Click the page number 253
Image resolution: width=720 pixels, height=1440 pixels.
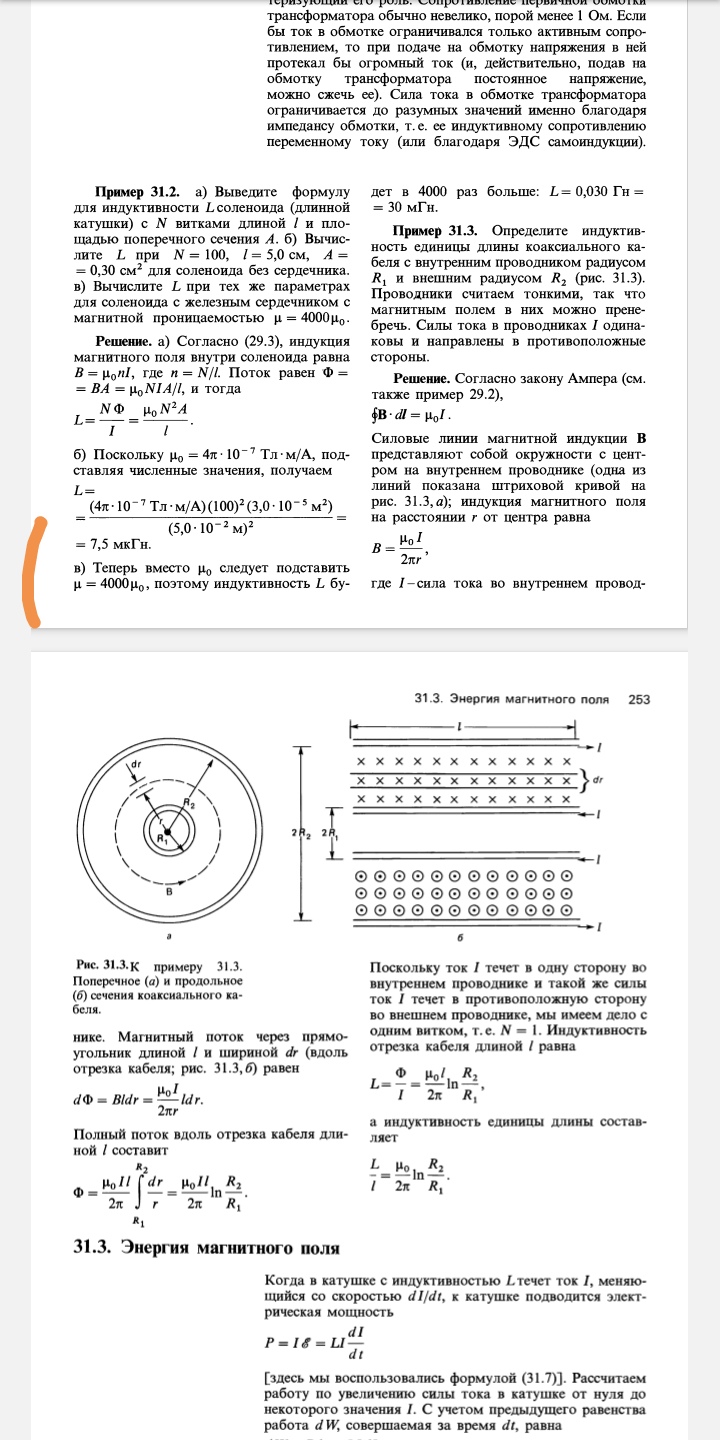[x=639, y=699]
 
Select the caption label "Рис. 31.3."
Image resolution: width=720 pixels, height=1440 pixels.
[x=100, y=966]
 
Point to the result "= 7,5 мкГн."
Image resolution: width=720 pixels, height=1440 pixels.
[x=113, y=544]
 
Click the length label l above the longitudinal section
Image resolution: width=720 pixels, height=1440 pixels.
[x=459, y=725]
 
